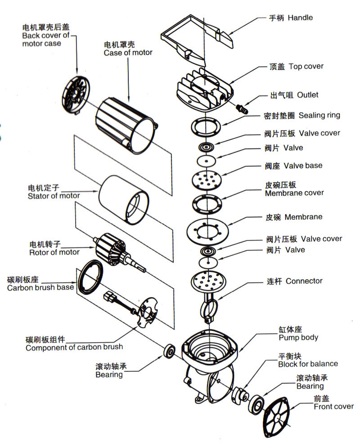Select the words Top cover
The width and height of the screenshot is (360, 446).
point(306,67)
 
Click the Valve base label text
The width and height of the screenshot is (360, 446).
point(303,165)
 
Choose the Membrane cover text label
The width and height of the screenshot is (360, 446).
point(294,193)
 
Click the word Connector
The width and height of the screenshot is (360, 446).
point(304,281)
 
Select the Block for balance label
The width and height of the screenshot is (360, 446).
point(308,364)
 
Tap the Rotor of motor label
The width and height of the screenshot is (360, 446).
point(54,252)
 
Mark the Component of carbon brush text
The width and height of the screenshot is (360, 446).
point(74,347)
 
